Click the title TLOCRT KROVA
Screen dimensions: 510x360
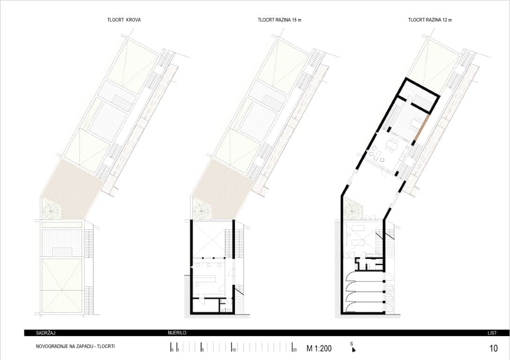coord(124,20)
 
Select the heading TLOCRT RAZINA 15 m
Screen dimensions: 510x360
coord(279,20)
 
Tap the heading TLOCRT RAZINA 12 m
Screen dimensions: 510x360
coord(430,20)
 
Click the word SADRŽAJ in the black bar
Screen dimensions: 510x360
coord(46,333)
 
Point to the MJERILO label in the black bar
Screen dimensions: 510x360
coord(177,333)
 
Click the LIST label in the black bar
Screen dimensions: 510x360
coord(493,333)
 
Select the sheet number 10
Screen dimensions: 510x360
coord(494,348)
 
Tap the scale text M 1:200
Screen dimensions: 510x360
coord(319,349)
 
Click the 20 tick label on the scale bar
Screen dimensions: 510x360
coord(295,350)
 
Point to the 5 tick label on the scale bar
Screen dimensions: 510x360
coord(203,350)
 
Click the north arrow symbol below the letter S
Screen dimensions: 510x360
coord(353,350)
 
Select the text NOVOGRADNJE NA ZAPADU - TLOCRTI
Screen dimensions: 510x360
coord(76,347)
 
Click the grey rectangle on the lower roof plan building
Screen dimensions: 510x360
coord(62,252)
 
